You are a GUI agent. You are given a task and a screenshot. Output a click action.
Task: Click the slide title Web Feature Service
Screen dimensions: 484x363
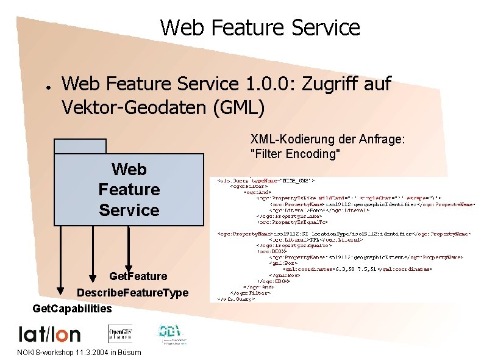(260, 27)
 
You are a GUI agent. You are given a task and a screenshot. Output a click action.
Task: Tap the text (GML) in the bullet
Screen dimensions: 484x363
(239, 108)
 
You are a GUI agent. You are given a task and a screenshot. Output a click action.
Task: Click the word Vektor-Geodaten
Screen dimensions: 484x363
(134, 108)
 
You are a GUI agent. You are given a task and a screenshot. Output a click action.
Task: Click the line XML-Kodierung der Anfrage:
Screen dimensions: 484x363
(327, 140)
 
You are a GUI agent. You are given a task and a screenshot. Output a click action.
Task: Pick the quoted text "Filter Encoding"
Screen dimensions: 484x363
(295, 154)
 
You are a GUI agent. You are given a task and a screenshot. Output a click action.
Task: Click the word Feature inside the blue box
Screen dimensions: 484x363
(129, 189)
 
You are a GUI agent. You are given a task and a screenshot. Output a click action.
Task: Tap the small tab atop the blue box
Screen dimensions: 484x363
(80, 146)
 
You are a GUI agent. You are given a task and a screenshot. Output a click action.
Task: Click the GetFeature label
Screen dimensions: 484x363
(138, 276)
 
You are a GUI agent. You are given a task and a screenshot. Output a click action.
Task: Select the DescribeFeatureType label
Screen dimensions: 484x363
(132, 292)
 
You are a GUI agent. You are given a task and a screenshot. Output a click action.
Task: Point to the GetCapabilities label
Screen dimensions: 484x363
(72, 308)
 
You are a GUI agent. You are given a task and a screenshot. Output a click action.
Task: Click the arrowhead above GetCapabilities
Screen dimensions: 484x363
(61, 288)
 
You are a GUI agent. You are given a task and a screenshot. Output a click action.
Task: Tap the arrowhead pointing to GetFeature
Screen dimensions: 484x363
(129, 262)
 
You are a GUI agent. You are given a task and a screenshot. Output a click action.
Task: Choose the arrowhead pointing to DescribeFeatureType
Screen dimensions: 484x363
(92, 273)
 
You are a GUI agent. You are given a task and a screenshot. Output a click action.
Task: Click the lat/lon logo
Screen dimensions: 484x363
(49, 334)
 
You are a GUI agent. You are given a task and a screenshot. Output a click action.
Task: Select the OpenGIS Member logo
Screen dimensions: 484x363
(120, 332)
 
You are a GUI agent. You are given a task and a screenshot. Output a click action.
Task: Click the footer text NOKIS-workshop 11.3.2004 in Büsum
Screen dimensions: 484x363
(79, 353)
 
